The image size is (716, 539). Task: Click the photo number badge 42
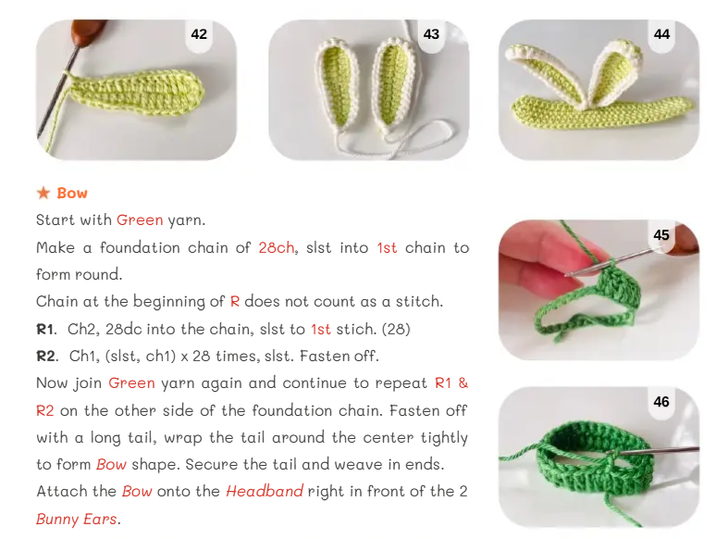click(x=199, y=34)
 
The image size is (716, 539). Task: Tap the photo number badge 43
click(x=431, y=34)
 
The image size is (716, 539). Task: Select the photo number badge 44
click(x=661, y=34)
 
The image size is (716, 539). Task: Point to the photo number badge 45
click(x=661, y=235)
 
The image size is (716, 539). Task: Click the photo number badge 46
click(x=661, y=402)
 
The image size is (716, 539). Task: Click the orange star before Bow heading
click(x=43, y=193)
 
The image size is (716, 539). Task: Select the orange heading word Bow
click(x=72, y=193)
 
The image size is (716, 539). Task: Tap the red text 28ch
click(x=277, y=248)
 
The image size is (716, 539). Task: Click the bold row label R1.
click(x=46, y=329)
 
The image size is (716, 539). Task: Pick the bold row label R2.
click(x=47, y=357)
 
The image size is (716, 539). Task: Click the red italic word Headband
click(x=265, y=492)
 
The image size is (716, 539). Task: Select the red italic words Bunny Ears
click(x=77, y=519)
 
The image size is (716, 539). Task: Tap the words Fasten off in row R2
click(x=339, y=357)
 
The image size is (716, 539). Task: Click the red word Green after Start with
click(x=140, y=220)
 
